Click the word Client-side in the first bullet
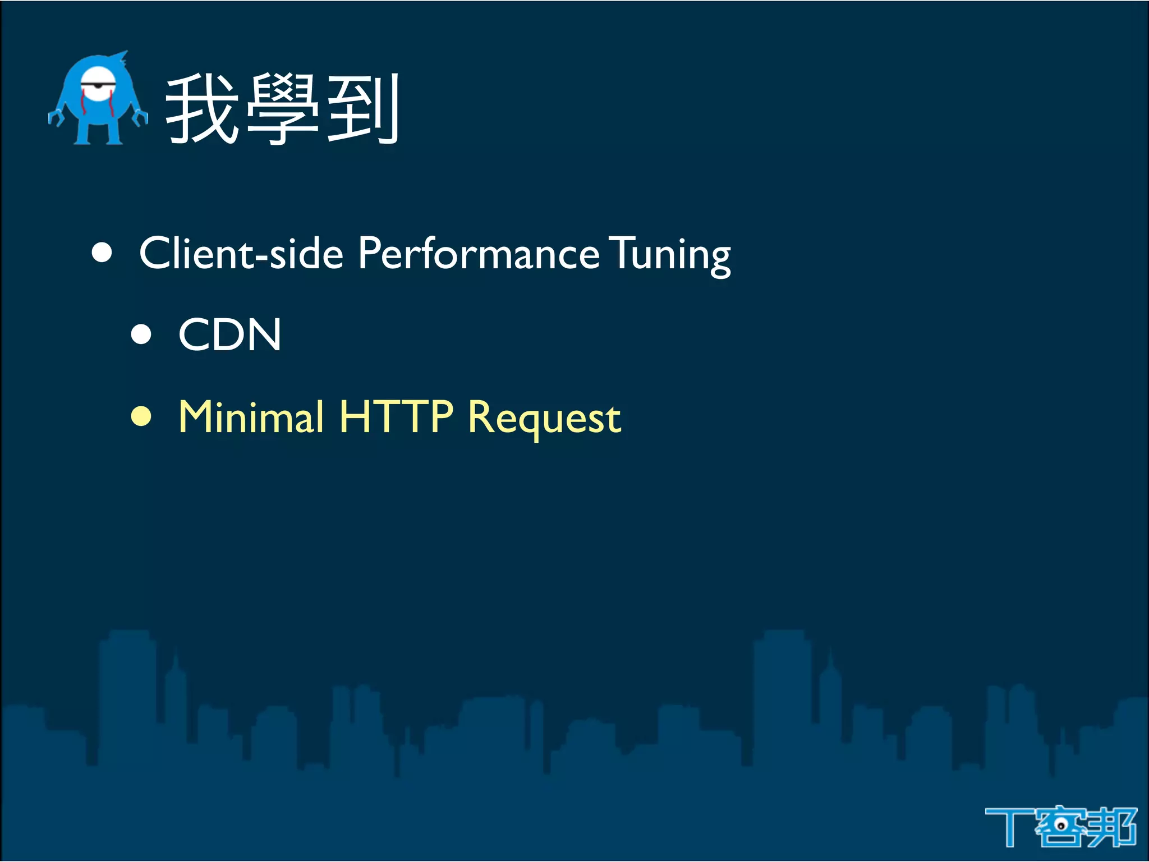click(241, 254)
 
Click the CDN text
click(229, 335)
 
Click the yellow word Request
click(544, 419)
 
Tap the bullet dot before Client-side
click(102, 253)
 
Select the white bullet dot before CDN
click(141, 334)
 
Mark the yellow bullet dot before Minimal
click(141, 416)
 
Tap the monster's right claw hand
click(140, 117)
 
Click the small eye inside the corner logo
click(1061, 825)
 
